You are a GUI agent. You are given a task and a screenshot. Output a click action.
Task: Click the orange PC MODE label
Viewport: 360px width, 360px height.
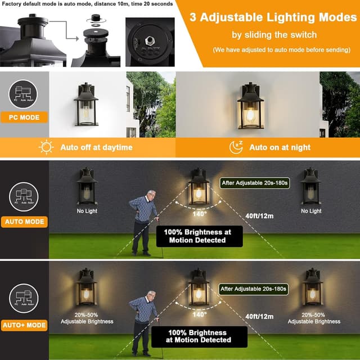coord(24,118)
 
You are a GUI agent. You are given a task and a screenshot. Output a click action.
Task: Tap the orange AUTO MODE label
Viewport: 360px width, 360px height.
coord(24,222)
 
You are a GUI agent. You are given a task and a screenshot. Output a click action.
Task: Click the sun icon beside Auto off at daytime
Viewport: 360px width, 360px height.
coord(45,147)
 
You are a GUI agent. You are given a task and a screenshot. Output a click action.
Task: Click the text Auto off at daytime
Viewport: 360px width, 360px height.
coord(96,147)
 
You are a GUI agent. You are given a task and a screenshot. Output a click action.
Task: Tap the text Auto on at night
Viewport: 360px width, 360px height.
coord(280,147)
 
